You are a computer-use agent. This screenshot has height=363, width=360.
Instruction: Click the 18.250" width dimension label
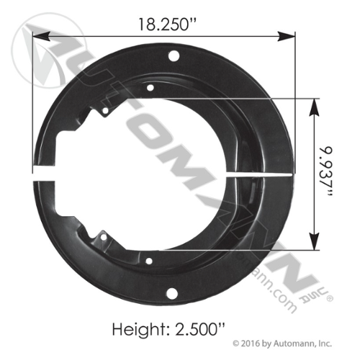point(167,24)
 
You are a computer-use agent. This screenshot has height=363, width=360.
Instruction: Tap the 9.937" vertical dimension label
point(326,172)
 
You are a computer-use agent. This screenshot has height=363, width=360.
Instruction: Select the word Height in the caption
point(139,329)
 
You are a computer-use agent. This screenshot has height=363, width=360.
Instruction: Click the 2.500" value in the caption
point(200,329)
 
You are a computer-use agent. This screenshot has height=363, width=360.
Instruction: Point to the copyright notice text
point(282,344)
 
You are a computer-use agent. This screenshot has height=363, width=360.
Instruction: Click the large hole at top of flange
point(174,56)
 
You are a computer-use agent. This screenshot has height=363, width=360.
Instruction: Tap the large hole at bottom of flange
point(172,293)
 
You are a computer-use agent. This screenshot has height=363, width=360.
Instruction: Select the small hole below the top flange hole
point(150,88)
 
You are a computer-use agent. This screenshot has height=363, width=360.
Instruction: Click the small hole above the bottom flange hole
point(149,261)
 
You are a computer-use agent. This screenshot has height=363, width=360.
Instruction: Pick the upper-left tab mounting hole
point(105,111)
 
